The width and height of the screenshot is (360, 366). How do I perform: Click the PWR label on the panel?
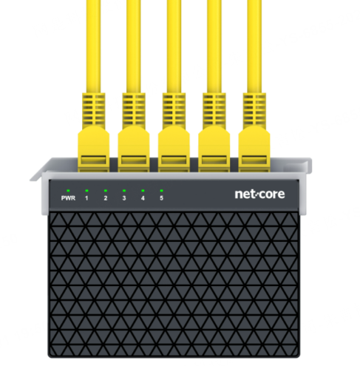[x=68, y=198]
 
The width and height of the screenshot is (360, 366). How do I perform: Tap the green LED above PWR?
[x=68, y=191]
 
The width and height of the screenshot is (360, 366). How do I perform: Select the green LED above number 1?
[x=86, y=191]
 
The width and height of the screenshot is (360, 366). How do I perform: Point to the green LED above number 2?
[x=106, y=191]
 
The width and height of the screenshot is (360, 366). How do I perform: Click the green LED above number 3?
[x=124, y=191]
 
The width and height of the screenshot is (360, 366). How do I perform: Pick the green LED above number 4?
[x=143, y=191]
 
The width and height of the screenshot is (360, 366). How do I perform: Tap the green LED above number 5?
[x=162, y=191]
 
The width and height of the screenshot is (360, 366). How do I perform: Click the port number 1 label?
[x=86, y=198]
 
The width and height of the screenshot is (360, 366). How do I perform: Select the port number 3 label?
[x=124, y=198]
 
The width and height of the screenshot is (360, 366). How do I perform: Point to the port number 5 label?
[x=162, y=198]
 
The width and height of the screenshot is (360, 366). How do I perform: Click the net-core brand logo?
[x=259, y=194]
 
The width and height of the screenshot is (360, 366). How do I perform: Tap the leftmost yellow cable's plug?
[x=94, y=149]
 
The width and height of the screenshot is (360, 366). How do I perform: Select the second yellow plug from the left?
[x=134, y=149]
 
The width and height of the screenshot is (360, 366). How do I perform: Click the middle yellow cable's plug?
[x=174, y=149]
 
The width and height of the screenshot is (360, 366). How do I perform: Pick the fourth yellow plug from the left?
[x=214, y=149]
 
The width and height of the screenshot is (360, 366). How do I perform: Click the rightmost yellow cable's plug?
[x=254, y=149]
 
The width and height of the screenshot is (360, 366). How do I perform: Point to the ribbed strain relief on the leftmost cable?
[x=94, y=110]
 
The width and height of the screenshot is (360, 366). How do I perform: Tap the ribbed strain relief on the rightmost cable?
[x=254, y=110]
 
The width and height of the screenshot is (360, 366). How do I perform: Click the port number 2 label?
[x=106, y=198]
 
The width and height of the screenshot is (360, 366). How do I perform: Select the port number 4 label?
[x=143, y=198]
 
